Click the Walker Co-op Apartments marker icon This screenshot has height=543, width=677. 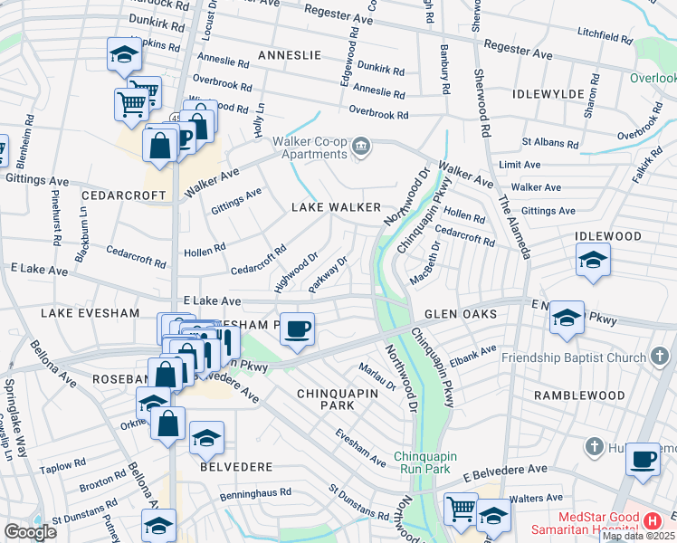(x=361, y=147)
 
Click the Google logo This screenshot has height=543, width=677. (x=30, y=531)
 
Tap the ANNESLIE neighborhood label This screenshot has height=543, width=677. (x=290, y=55)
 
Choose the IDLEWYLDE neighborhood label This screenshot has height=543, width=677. (x=545, y=93)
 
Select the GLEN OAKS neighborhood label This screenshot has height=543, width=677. (x=461, y=313)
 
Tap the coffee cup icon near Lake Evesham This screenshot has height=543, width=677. (x=296, y=329)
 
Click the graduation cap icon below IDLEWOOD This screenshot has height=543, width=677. (x=593, y=261)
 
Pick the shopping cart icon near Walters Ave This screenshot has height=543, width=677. (x=461, y=509)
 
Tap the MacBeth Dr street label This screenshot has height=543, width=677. (x=424, y=262)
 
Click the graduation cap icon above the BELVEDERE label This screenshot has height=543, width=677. (x=206, y=438)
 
